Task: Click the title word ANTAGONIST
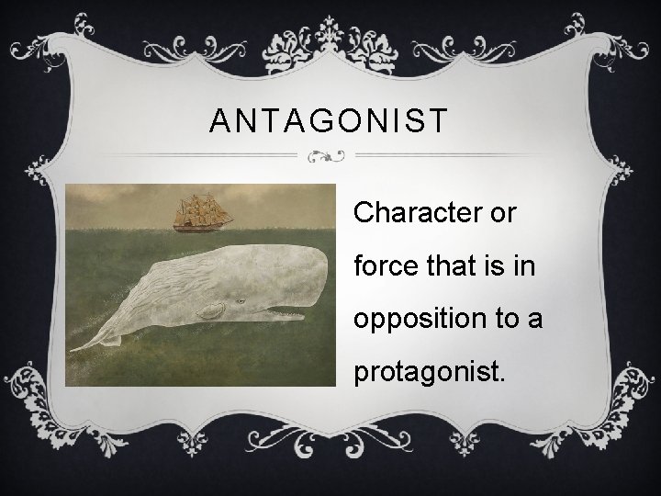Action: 329,121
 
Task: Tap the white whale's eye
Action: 241,300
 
